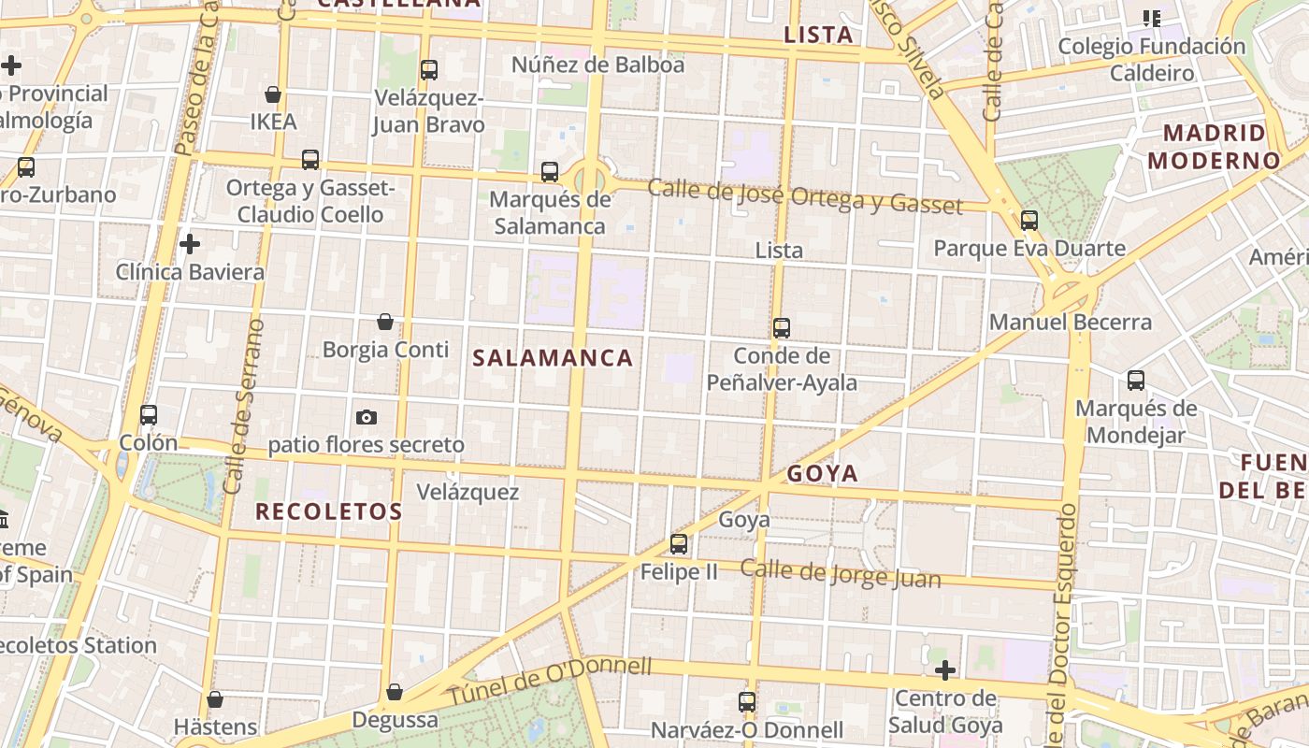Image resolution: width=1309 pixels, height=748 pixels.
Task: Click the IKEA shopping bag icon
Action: pos(273,94)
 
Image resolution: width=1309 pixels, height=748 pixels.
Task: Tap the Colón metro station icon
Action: pos(149,415)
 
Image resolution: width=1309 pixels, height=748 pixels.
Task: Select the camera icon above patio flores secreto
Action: pos(367,417)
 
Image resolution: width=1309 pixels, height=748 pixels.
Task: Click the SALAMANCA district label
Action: pos(553,357)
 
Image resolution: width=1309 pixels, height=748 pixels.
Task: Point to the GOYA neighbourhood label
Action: pos(822,473)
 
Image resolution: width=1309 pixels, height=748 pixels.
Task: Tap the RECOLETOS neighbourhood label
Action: pos(328,511)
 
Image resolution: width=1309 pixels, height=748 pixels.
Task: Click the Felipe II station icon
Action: pos(679,543)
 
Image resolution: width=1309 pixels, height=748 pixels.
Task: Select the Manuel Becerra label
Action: pos(1071,323)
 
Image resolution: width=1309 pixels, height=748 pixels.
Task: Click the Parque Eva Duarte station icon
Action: pos(1029,221)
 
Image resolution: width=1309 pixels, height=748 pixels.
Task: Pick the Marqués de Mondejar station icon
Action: pos(1136,381)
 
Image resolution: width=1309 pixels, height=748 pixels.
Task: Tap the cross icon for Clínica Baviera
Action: pos(190,245)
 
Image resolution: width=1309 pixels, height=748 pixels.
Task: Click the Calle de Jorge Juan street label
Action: pos(841,573)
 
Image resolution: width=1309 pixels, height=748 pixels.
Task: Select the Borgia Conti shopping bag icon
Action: pos(384,323)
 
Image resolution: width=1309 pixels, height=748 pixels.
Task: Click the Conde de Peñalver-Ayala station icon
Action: pos(782,328)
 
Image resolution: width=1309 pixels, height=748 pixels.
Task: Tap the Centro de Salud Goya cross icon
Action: pos(945,670)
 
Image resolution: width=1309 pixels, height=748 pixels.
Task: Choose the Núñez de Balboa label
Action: pos(597,65)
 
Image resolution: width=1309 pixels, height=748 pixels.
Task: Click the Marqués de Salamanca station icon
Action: pos(550,172)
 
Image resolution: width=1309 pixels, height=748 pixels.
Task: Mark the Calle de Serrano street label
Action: pos(242,406)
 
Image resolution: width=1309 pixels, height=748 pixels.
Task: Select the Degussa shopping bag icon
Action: pos(395,692)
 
